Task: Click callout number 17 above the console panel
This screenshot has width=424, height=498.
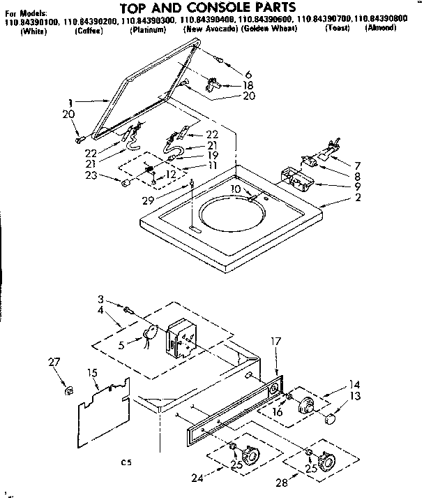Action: pyautogui.click(x=276, y=341)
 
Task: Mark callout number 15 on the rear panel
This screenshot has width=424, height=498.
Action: pyautogui.click(x=92, y=374)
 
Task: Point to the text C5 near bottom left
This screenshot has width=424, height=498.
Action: pyautogui.click(x=126, y=462)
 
